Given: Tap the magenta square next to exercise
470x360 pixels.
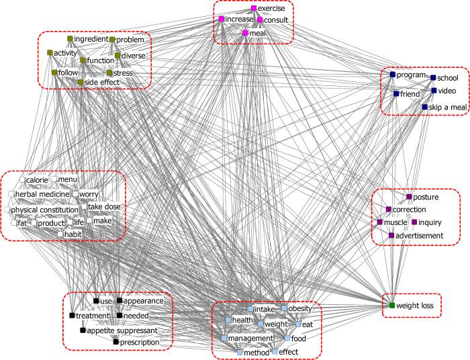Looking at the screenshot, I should (254, 8).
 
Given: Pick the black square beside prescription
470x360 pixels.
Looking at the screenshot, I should (116, 343).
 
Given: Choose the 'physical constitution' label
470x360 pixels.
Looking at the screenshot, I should (45, 210).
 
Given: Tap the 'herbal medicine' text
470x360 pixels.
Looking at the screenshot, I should (43, 194).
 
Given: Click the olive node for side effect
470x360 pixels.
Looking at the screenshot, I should (80, 83).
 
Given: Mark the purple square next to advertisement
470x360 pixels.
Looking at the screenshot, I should (392, 236).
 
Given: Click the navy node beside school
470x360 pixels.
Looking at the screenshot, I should (434, 78).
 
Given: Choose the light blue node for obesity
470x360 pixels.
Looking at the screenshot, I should (285, 308).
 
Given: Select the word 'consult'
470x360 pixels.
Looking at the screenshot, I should (278, 20).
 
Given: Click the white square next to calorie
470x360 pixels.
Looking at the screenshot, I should (22, 180).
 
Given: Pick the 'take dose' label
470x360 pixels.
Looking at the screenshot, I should (104, 207).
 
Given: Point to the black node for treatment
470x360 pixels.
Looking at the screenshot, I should (72, 315).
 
